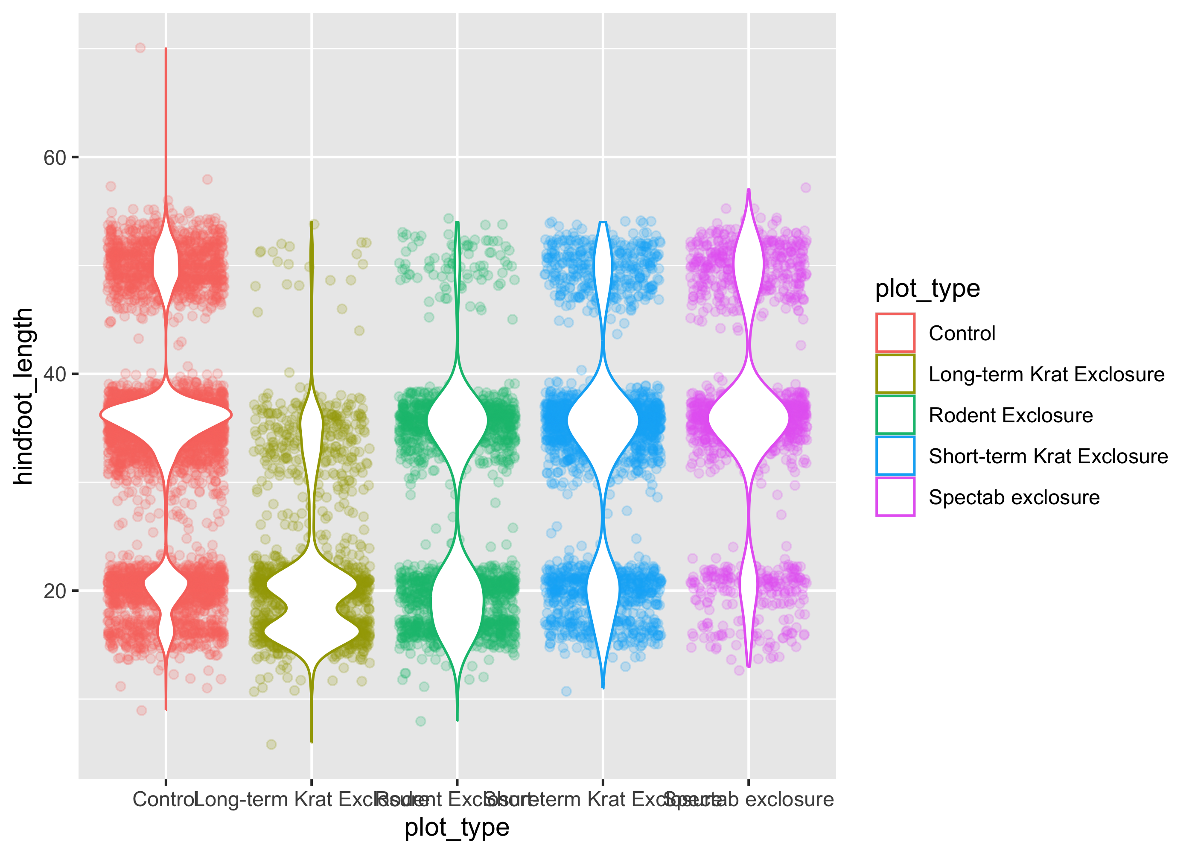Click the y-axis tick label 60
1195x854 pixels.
click(x=55, y=158)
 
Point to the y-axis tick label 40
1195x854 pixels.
click(x=55, y=374)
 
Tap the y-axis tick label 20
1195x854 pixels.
click(x=55, y=591)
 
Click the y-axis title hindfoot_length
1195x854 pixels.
click(x=23, y=396)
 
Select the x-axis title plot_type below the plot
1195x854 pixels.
click(x=457, y=828)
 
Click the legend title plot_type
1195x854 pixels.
click(x=927, y=289)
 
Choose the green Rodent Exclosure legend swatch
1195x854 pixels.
click(x=895, y=415)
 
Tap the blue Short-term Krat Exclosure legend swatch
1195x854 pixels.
click(x=895, y=456)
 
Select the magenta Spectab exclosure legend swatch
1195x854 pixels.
click(x=895, y=497)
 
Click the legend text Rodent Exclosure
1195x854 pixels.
click(x=1011, y=415)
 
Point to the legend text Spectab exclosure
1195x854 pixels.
click(x=1014, y=497)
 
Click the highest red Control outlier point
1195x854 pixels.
click(x=140, y=48)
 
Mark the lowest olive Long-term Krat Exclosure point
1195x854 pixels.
click(x=271, y=744)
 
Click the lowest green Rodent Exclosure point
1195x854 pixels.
click(x=420, y=721)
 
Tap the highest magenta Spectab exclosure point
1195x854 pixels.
click(x=806, y=188)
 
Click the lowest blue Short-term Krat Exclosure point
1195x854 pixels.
click(x=566, y=691)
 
